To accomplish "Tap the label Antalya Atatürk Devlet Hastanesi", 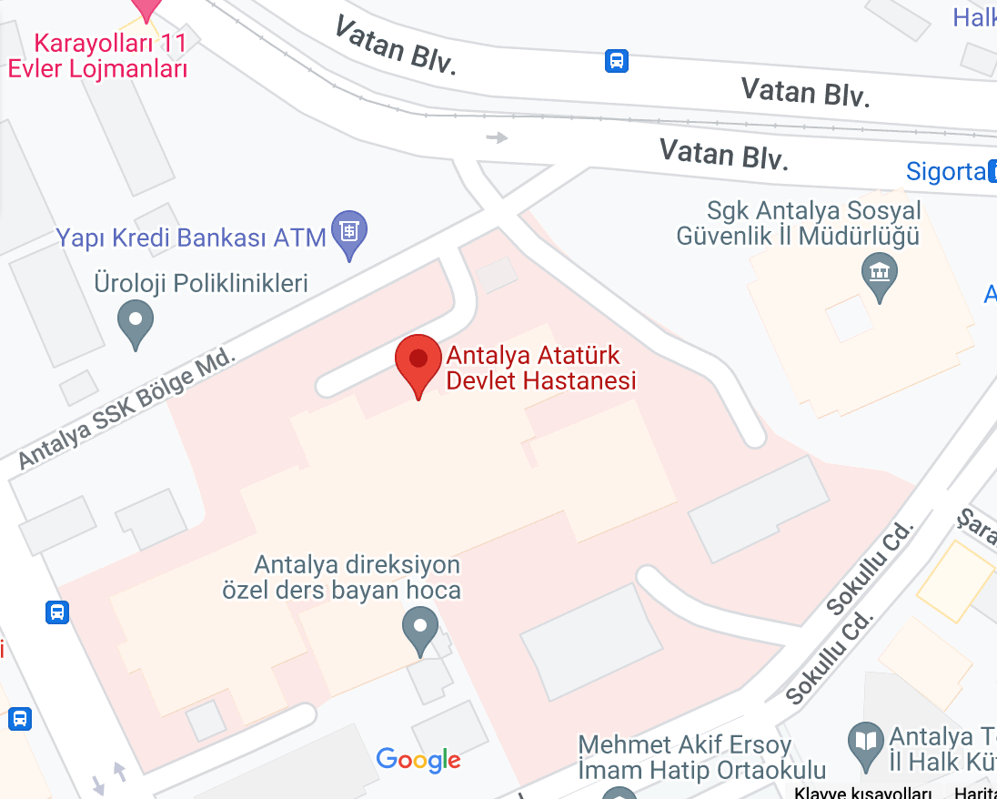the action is [x=540, y=368].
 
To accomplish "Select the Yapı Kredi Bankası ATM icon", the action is [x=348, y=232].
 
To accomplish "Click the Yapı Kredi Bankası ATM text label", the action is [x=191, y=238].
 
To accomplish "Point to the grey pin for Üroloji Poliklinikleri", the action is [x=136, y=321].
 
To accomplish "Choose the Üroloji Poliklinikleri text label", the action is [x=201, y=283].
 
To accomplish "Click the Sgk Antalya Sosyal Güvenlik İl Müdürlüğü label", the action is [x=799, y=224].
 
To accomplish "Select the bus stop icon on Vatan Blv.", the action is [x=617, y=61].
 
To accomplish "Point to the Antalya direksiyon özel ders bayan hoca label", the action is [x=343, y=578].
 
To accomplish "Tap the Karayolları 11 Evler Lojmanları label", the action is [x=97, y=56].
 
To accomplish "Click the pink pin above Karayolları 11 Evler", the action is [x=146, y=7].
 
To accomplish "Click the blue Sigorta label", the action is [x=946, y=171].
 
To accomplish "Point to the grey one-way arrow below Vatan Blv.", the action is [x=497, y=137].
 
